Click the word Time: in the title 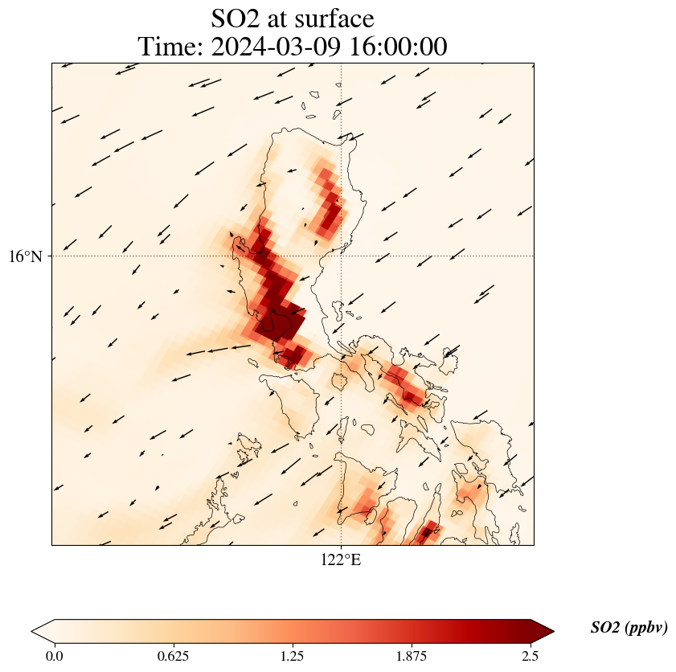coord(170,47)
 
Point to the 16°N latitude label coord(26,256)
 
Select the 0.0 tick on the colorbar coord(55,656)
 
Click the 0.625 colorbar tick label coord(174,656)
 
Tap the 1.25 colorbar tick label coord(293,656)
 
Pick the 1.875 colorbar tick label coord(412,656)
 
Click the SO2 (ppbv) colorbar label coord(629,628)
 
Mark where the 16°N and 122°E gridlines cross coord(342,256)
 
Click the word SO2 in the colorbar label coord(604,628)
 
